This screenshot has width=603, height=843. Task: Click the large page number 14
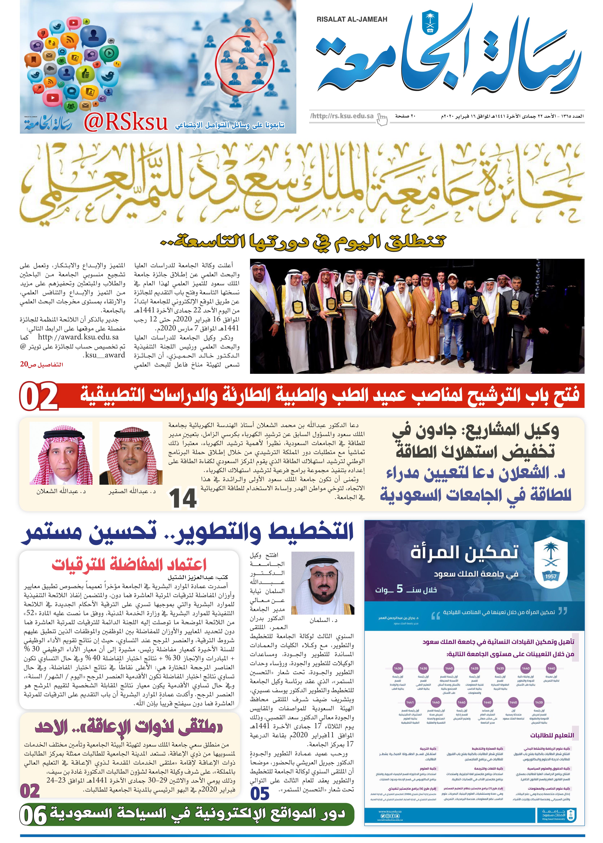pos(183,499)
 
